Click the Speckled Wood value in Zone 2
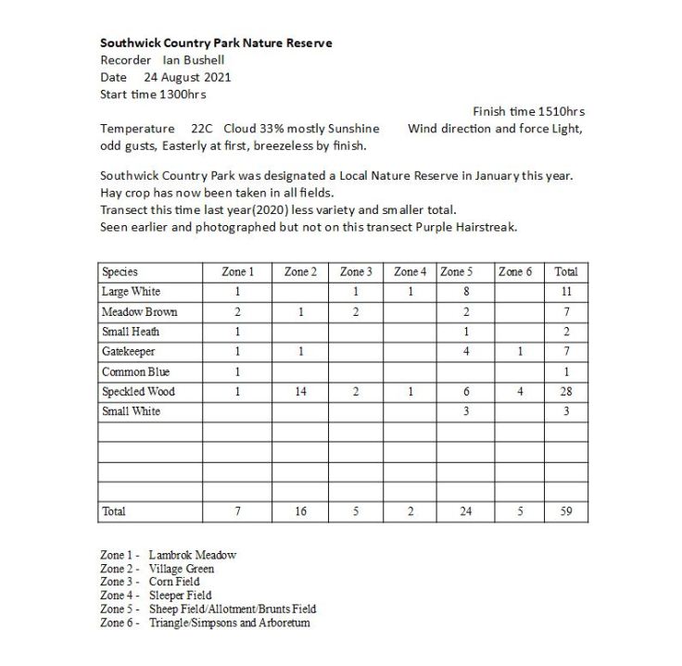[300, 392]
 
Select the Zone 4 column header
[410, 272]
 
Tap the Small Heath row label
[131, 332]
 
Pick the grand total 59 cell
[565, 511]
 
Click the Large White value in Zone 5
[466, 292]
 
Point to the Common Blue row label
[136, 371]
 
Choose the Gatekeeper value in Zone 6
[521, 352]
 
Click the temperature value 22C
[202, 129]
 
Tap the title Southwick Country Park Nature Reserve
[216, 43]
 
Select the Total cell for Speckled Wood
[565, 392]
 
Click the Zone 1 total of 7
[237, 511]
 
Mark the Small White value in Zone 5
[466, 411]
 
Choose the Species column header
[120, 272]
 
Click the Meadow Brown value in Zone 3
[356, 312]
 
